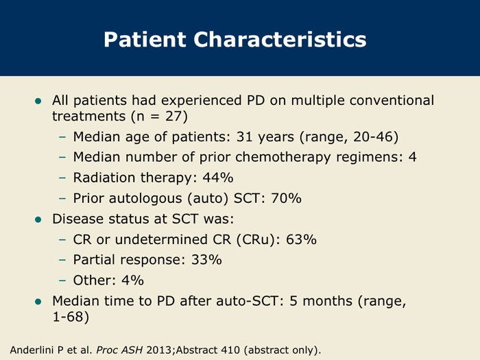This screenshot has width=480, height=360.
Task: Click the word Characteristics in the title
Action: tap(280, 39)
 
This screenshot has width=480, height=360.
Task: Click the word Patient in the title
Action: tap(145, 39)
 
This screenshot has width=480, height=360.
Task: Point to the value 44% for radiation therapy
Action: tap(218, 178)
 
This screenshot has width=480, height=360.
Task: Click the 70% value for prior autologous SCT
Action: tap(286, 198)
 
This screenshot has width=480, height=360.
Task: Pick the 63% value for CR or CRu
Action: tap(301, 239)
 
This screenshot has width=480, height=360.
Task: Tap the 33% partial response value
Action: tap(206, 260)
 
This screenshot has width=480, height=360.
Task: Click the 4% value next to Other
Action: tap(132, 280)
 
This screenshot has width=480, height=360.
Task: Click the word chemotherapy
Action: tap(283, 157)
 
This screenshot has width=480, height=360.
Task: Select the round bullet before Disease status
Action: tap(38, 219)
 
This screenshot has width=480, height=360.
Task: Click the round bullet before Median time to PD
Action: tap(38, 302)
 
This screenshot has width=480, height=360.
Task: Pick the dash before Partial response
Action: tap(62, 260)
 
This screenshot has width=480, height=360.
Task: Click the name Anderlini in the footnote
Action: tap(32, 350)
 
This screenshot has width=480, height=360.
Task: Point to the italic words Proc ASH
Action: tap(120, 350)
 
